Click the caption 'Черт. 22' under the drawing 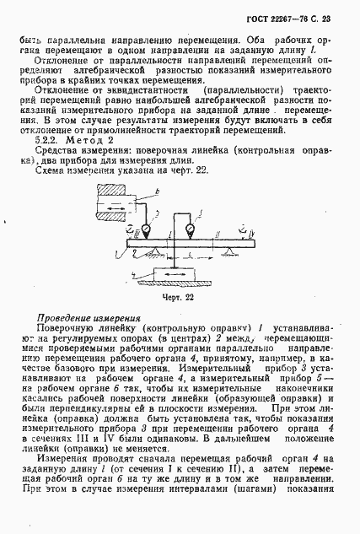[179, 296]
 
